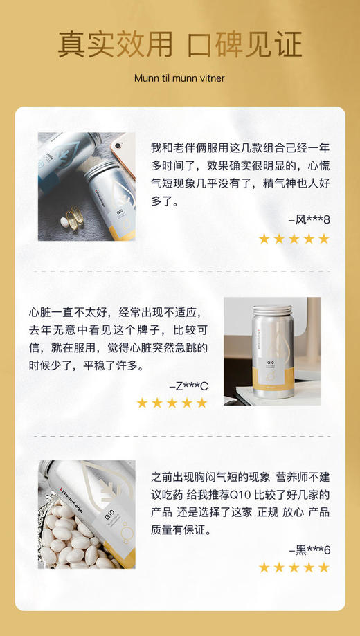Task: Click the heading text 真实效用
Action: click(x=115, y=44)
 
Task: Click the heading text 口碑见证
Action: click(x=246, y=44)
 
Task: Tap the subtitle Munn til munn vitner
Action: click(x=179, y=78)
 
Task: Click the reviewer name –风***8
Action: click(x=309, y=220)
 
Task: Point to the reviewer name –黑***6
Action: click(x=309, y=549)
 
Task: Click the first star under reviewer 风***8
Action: click(x=264, y=239)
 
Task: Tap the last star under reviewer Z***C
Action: click(x=201, y=403)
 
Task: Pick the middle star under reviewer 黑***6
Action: click(x=294, y=568)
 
